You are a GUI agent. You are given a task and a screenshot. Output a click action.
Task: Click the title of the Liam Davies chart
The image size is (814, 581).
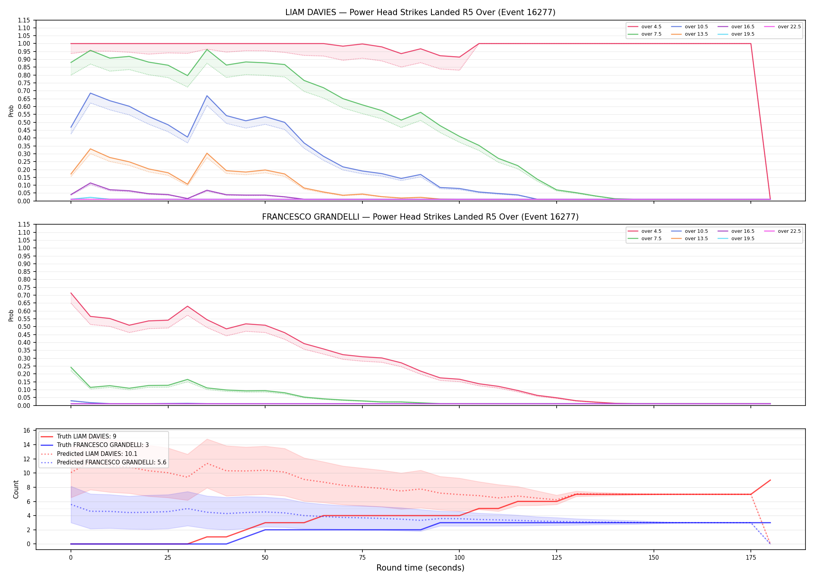420,12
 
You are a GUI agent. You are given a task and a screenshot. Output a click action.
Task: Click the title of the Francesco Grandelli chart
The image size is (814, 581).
420,217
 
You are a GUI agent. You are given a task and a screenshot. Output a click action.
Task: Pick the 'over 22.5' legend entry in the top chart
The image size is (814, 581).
782,27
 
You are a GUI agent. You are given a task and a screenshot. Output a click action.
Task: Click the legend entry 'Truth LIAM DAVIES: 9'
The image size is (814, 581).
78,437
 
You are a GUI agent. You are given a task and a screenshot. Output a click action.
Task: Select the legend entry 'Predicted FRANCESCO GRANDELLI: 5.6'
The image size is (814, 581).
103,462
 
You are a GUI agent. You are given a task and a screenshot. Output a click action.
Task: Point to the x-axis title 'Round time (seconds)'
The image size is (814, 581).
420,568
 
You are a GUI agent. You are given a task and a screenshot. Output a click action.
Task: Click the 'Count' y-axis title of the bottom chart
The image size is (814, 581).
16,489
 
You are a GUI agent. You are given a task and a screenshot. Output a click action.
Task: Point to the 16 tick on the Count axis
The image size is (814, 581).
27,431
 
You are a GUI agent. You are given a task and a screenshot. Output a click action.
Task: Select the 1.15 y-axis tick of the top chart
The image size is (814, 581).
24,20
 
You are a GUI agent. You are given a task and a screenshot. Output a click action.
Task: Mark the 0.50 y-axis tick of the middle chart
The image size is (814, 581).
24,327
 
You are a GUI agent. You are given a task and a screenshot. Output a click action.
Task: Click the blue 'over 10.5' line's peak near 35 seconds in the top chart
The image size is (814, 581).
207,96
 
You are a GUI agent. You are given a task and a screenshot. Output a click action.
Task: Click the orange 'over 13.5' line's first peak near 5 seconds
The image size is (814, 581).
90,149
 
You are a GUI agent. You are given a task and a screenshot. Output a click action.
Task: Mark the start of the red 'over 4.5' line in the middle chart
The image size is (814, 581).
71,293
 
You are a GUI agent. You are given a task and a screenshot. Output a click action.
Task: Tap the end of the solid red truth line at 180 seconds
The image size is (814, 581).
770,480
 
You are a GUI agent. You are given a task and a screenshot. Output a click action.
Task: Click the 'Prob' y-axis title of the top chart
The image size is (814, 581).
11,111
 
